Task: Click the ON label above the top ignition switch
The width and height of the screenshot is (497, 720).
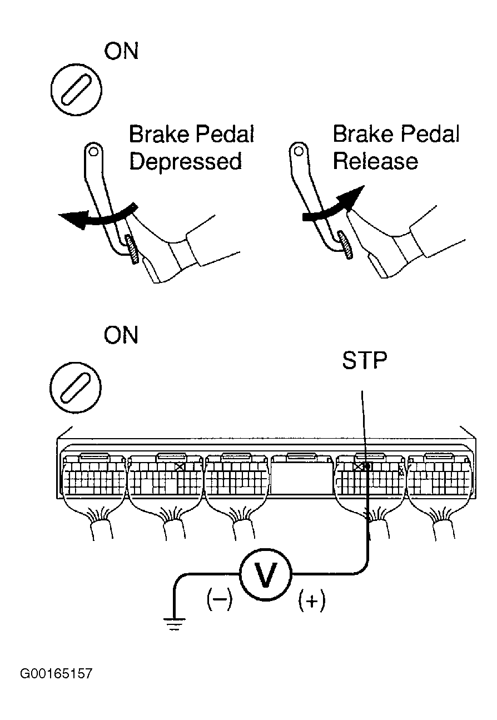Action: coord(121,51)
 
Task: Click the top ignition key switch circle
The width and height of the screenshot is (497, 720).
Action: coord(77,89)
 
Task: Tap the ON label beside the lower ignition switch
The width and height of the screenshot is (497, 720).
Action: coord(121,335)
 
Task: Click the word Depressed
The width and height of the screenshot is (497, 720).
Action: coord(186,161)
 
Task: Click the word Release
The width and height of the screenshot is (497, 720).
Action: coord(375,161)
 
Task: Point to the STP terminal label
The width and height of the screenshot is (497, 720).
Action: coord(364,360)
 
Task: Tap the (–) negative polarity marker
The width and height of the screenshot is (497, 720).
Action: coord(219,599)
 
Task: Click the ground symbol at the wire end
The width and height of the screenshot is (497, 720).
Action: coord(174,624)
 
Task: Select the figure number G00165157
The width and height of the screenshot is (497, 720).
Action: coord(56,673)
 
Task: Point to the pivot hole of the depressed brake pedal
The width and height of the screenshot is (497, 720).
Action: coord(93,151)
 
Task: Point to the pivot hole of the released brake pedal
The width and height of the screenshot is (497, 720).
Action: coord(299,151)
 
